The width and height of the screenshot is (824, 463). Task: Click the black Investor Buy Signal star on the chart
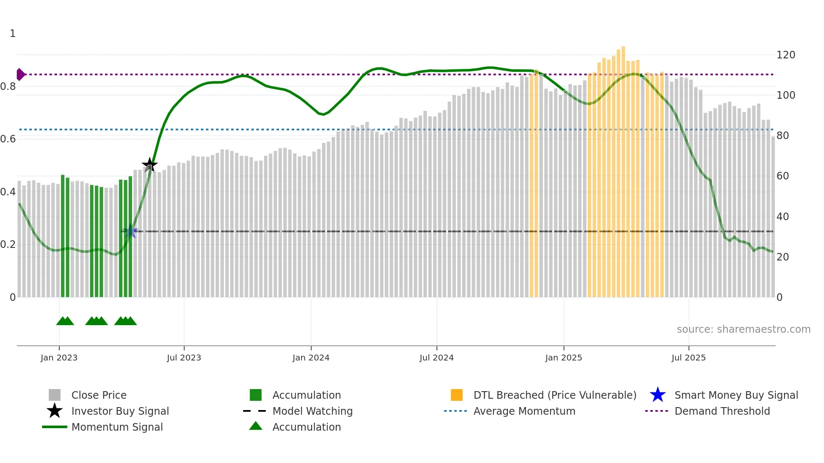point(150,165)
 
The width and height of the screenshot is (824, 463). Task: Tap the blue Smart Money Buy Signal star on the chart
point(130,231)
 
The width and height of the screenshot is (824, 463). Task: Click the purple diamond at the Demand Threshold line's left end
point(20,74)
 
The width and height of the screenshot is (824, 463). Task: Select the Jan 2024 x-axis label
point(311,358)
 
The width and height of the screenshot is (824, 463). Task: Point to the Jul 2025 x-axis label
point(688,358)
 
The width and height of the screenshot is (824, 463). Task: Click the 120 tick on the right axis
point(785,55)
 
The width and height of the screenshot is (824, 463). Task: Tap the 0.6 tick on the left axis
point(8,139)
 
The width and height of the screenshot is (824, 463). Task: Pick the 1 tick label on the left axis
point(13,34)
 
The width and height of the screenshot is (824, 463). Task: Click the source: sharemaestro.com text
point(743,329)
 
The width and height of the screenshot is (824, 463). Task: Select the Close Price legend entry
point(98,395)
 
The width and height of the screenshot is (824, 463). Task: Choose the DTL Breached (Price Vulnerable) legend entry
point(555,395)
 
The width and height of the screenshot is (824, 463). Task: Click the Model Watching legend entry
point(312,411)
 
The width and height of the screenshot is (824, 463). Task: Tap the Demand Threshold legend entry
point(722,411)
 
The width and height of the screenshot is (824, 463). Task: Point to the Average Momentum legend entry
point(524,411)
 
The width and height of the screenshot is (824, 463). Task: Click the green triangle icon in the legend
point(256,426)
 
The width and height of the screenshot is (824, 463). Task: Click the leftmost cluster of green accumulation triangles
point(65,321)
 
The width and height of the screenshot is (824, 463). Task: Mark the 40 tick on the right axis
point(782,217)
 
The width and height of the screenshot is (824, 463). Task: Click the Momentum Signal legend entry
point(117,427)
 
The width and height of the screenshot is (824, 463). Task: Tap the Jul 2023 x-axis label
point(184,358)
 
